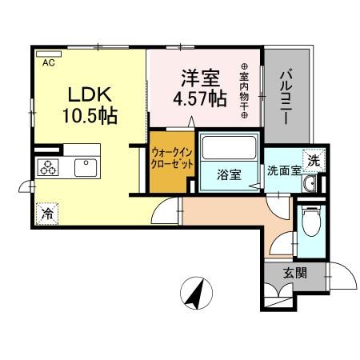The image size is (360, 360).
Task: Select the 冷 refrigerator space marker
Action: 48,214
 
